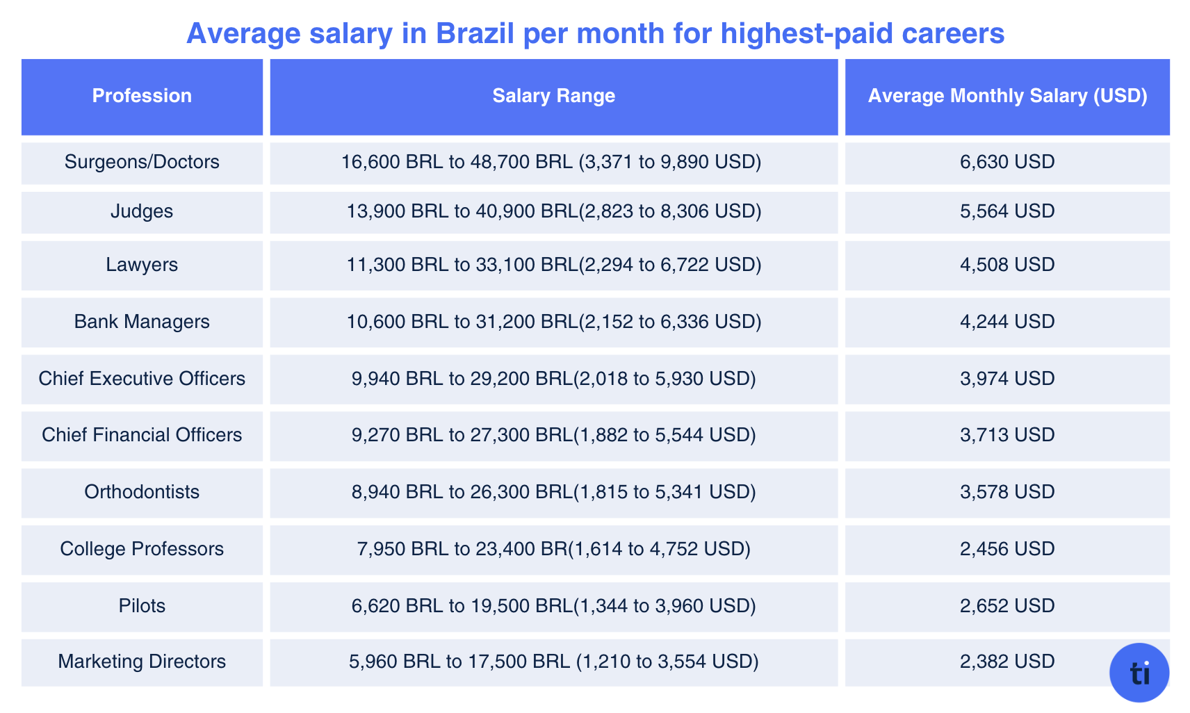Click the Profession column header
pyautogui.click(x=142, y=96)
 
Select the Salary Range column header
pyautogui.click(x=553, y=96)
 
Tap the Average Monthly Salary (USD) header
pyautogui.click(x=1007, y=96)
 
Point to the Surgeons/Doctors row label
pyautogui.click(x=142, y=162)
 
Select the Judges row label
pyautogui.click(x=142, y=211)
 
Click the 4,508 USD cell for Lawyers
pyautogui.click(x=1007, y=265)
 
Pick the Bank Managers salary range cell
pyautogui.click(x=553, y=322)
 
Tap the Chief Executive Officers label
pyautogui.click(x=142, y=379)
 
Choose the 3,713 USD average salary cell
pyautogui.click(x=1007, y=435)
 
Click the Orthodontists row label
pyautogui.click(x=142, y=492)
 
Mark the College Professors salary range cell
pyautogui.click(x=553, y=549)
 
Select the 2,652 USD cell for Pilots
pyautogui.click(x=1007, y=606)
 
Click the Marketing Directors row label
pyautogui.click(x=142, y=662)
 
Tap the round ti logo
pyautogui.click(x=1139, y=673)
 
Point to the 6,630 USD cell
pyautogui.click(x=1007, y=162)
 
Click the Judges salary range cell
pyautogui.click(x=553, y=211)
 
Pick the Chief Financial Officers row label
pyautogui.click(x=142, y=435)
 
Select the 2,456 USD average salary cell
pyautogui.click(x=1007, y=549)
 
